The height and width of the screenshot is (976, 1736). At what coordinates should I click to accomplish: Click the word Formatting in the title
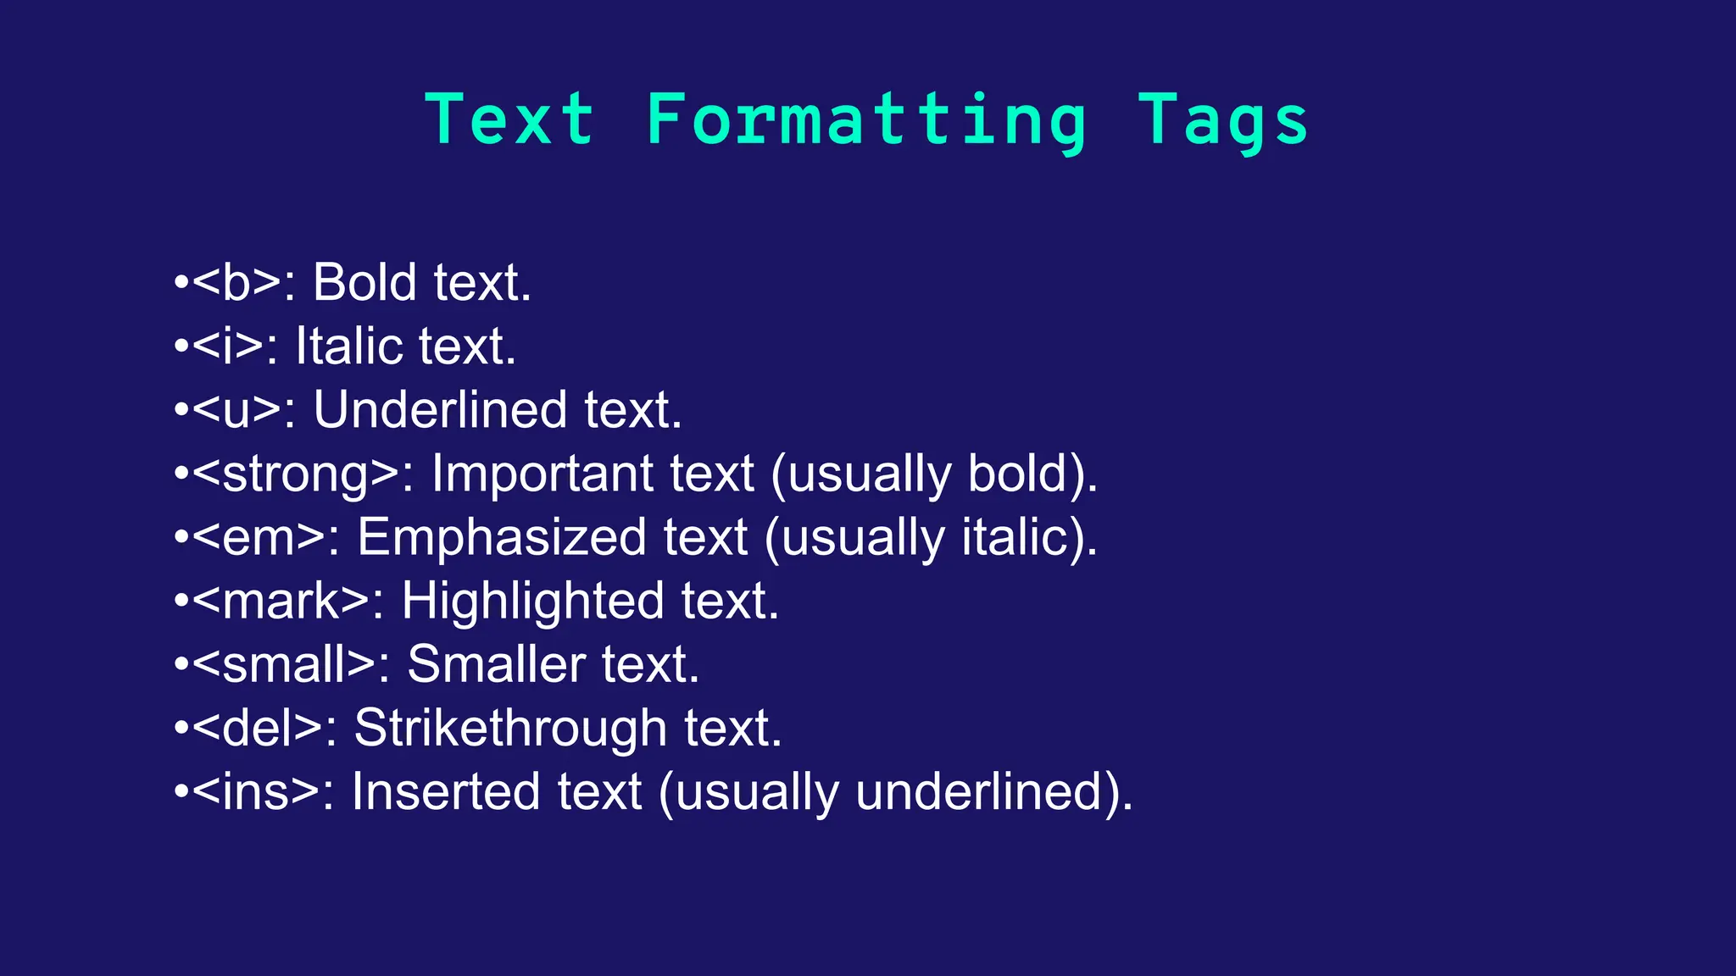[865, 120]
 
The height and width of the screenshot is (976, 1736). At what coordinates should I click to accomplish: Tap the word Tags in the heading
[1222, 120]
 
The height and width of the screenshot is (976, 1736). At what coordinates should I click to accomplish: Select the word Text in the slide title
[509, 120]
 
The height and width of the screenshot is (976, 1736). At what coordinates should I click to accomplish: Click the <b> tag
[236, 282]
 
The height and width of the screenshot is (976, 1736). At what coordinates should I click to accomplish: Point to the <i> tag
[228, 347]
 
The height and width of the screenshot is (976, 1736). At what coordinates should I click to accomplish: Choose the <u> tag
[236, 410]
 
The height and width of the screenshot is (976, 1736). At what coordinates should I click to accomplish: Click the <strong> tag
[296, 474]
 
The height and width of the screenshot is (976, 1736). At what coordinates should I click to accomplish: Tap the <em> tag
[259, 537]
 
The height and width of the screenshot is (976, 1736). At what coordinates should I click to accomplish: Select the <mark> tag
[281, 601]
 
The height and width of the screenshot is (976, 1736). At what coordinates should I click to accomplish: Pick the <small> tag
[283, 664]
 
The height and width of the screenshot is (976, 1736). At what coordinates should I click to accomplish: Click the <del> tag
[258, 728]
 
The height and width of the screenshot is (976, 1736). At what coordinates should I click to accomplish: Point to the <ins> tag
[256, 791]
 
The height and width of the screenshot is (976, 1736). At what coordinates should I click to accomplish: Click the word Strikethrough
[510, 728]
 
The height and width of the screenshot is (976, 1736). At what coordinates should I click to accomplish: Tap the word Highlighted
[532, 601]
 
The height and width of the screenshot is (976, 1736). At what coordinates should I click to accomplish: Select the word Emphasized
[501, 537]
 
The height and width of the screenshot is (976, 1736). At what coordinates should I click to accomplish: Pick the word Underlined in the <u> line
[440, 410]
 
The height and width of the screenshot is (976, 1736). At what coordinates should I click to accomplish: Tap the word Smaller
[496, 664]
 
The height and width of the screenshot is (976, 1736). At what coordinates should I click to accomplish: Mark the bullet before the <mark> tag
[181, 602]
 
